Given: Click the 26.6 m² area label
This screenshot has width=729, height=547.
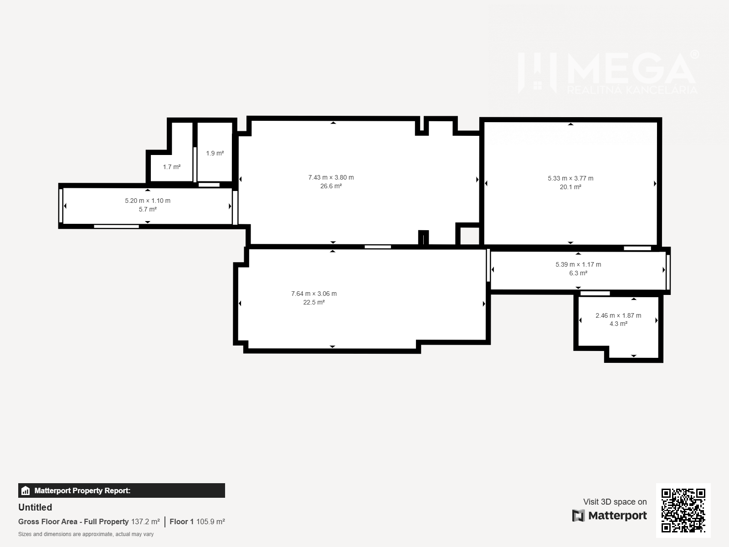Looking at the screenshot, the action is tap(331, 186).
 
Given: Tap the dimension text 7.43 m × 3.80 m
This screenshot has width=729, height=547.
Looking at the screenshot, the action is tap(331, 177).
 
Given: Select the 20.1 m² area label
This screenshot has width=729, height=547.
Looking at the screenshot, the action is tap(570, 187).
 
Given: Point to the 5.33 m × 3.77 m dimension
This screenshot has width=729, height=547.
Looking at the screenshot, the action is tap(570, 178).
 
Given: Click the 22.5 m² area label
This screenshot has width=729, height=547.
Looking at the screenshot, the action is tap(313, 302).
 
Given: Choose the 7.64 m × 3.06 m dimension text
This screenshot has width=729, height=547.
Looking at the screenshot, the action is tap(313, 294).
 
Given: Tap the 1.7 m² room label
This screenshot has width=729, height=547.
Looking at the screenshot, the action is tap(171, 167).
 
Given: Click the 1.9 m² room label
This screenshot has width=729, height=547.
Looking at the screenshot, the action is tap(215, 153).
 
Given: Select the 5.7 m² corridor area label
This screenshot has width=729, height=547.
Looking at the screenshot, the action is tap(148, 209).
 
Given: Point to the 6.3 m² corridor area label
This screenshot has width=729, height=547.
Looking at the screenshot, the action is tap(578, 273).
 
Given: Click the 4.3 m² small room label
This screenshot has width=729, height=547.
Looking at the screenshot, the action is tap(618, 324).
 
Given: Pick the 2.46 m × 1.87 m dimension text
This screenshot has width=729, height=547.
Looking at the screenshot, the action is tap(618, 315).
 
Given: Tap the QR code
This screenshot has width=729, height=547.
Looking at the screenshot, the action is tap(683, 511).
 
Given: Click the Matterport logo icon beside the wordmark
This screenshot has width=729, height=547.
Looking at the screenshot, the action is tap(578, 516).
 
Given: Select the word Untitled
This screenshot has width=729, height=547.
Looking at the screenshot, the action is tap(35, 507).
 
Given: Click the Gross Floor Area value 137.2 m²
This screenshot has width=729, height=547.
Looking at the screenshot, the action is tap(145, 521).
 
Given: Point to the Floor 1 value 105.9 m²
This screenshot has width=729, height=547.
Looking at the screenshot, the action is tap(210, 521).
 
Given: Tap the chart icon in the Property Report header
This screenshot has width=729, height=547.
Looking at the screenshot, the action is tap(26, 490).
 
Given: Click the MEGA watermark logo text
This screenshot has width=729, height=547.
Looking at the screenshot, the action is tap(631, 69).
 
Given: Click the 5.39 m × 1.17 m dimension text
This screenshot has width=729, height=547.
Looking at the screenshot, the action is tap(578, 264).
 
